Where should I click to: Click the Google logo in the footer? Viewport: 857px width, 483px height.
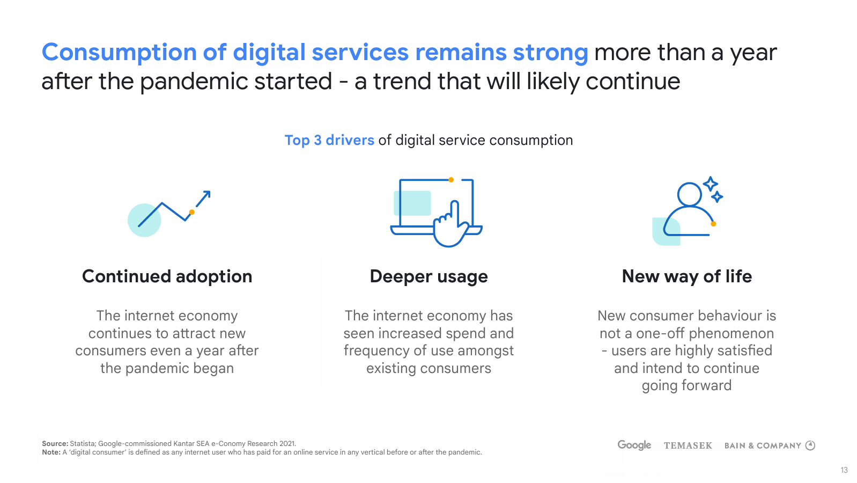pos(634,445)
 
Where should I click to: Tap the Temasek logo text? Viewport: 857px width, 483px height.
pos(688,445)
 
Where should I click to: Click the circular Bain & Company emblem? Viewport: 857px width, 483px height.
pos(810,445)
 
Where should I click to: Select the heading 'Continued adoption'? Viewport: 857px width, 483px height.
pos(167,276)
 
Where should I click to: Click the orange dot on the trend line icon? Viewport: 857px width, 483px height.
pos(192,212)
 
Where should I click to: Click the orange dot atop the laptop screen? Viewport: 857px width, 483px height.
pos(451,180)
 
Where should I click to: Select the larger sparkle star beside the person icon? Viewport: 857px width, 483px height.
pos(711,184)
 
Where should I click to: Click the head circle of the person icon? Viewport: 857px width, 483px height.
pos(690,194)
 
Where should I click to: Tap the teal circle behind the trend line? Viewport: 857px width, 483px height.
pos(144,220)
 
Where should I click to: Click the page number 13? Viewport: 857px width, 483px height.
pos(844,470)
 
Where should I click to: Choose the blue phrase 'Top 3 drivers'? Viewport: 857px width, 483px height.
pos(329,141)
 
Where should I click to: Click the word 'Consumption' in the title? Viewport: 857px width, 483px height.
pos(119,53)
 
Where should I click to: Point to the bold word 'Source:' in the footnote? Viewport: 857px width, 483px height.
pos(55,444)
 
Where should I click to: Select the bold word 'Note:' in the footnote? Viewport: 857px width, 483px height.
pos(51,452)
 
